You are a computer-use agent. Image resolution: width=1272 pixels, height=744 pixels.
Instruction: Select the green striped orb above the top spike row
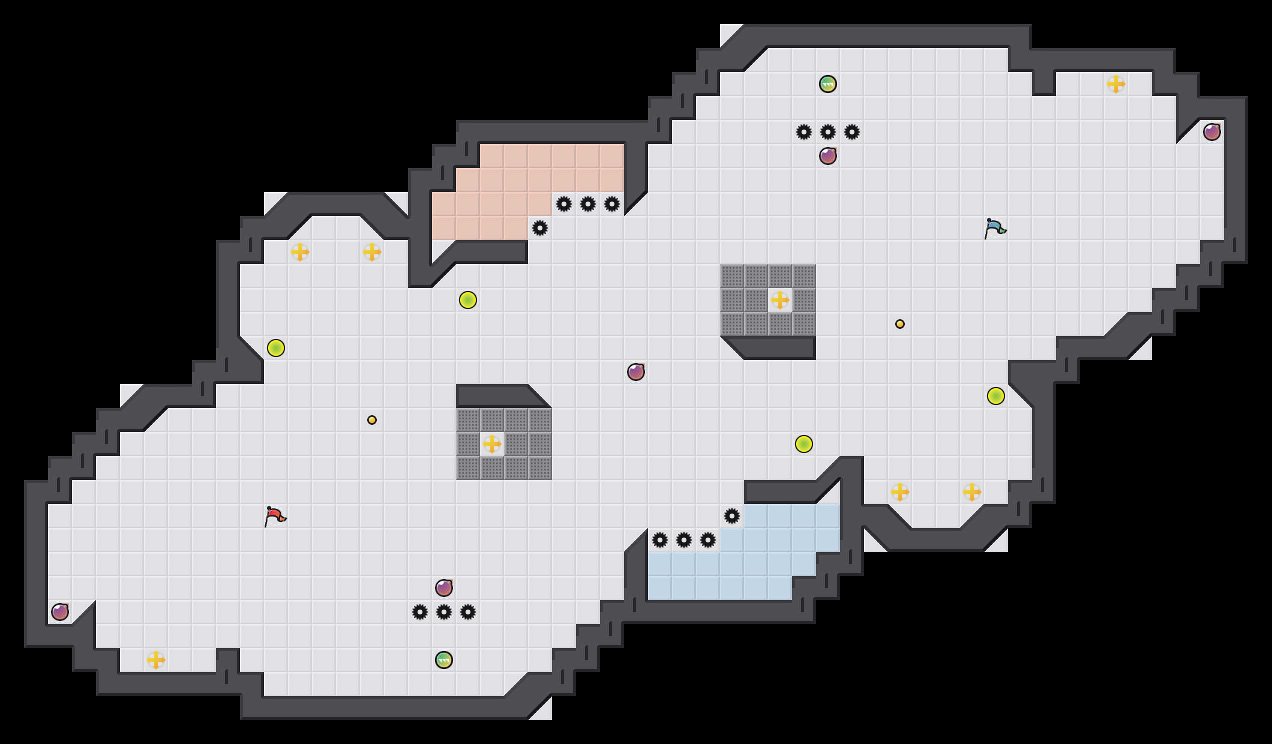tap(828, 84)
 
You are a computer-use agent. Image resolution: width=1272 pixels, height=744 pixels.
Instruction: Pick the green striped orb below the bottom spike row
tap(444, 660)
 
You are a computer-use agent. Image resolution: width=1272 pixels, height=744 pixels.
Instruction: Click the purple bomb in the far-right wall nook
tap(1212, 132)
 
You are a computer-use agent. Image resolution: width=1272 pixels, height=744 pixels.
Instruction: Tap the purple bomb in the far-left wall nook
tap(60, 612)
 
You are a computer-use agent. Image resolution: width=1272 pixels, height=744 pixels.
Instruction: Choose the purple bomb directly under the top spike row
tap(828, 156)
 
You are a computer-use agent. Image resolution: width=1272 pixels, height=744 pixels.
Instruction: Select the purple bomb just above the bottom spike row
tap(444, 588)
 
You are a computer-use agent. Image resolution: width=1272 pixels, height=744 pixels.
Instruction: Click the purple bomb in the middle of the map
tap(636, 372)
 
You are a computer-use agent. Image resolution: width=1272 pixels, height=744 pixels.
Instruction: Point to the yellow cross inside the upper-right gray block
tap(780, 300)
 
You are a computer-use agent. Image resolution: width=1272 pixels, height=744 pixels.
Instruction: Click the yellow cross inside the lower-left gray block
tap(492, 444)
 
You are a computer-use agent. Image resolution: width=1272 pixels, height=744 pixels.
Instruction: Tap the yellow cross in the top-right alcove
tap(1116, 84)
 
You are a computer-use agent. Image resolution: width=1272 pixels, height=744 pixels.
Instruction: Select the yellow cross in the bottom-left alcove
tap(156, 660)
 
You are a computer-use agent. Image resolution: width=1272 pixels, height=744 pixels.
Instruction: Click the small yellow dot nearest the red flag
tap(372, 420)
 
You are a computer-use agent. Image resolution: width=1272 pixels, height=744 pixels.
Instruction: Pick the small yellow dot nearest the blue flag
tap(900, 324)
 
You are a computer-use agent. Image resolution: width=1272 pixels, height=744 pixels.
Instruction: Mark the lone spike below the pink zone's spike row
tap(540, 228)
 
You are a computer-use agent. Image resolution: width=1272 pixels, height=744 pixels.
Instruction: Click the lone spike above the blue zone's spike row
tap(732, 516)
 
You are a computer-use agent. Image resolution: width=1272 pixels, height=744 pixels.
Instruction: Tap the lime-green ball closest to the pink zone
tap(468, 300)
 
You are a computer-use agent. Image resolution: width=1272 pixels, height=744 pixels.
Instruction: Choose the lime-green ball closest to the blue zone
tap(804, 444)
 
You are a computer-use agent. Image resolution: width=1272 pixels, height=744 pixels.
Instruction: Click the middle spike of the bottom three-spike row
tap(444, 612)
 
